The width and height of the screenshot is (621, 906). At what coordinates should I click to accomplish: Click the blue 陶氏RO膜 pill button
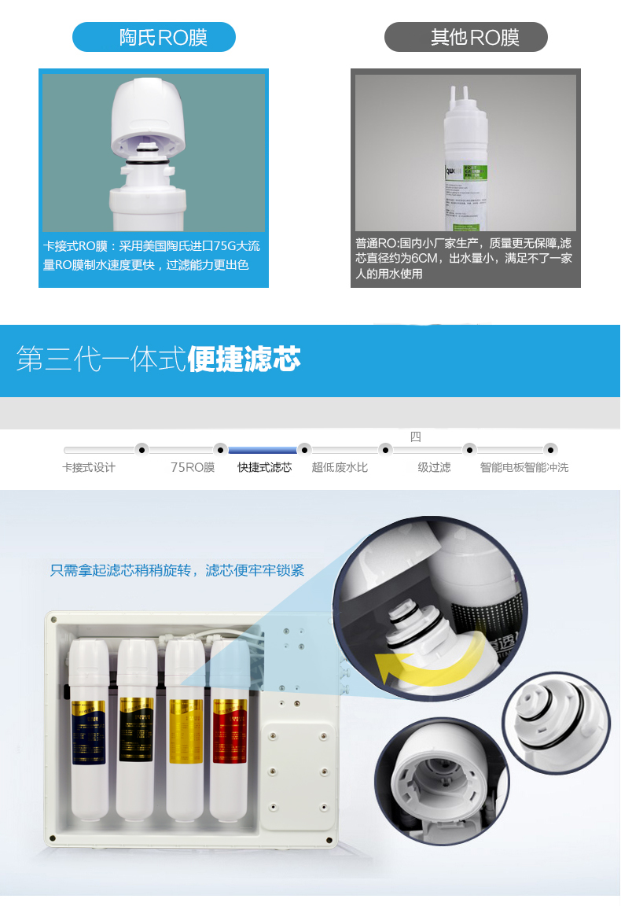[154, 37]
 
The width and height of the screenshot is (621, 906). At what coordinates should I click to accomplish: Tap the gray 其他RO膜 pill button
[465, 37]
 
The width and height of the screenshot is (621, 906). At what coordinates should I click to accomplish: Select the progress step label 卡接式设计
[89, 467]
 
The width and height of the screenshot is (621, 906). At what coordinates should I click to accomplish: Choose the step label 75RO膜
[193, 467]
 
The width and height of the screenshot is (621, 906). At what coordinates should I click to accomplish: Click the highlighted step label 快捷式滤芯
[265, 467]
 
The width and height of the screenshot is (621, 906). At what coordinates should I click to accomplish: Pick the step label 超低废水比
[340, 467]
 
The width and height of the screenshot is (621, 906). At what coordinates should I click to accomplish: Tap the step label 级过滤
[434, 467]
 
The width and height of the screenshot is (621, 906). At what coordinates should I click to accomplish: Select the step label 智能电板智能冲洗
[524, 467]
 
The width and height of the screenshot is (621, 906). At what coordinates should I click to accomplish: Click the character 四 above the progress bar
[416, 437]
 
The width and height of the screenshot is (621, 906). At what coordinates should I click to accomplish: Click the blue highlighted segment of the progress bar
[263, 450]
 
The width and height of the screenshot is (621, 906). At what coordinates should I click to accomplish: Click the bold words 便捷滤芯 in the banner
[244, 361]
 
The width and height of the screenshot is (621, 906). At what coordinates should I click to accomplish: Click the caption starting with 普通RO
[464, 259]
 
